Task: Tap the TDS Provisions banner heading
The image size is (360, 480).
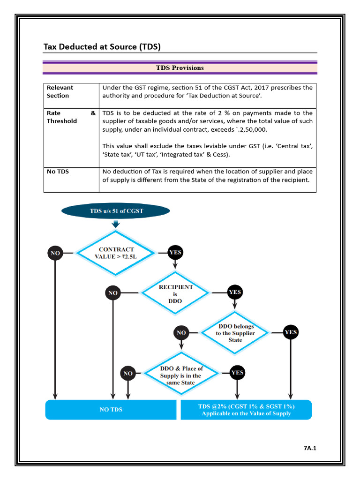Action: [180, 68]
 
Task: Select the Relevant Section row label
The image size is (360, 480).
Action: [60, 91]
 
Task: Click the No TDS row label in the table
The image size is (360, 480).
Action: [58, 172]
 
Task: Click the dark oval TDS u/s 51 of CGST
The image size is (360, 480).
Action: [116, 211]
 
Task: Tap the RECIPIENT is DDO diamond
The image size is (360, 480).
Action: [175, 294]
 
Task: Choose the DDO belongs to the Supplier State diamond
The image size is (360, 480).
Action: [235, 333]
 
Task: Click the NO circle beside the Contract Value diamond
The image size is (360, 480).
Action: [55, 253]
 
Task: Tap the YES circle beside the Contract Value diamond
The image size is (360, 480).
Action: [175, 253]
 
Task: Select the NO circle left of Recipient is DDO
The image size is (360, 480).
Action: [113, 293]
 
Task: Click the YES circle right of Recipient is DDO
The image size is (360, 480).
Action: [234, 292]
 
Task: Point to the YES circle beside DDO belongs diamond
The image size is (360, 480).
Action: [291, 332]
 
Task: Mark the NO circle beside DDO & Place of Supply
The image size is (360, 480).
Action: [128, 374]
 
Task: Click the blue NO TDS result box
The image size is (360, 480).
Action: [111, 409]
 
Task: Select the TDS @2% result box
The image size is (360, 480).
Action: [246, 409]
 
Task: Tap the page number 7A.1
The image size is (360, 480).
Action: [310, 449]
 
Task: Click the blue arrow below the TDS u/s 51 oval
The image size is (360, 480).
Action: [116, 225]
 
